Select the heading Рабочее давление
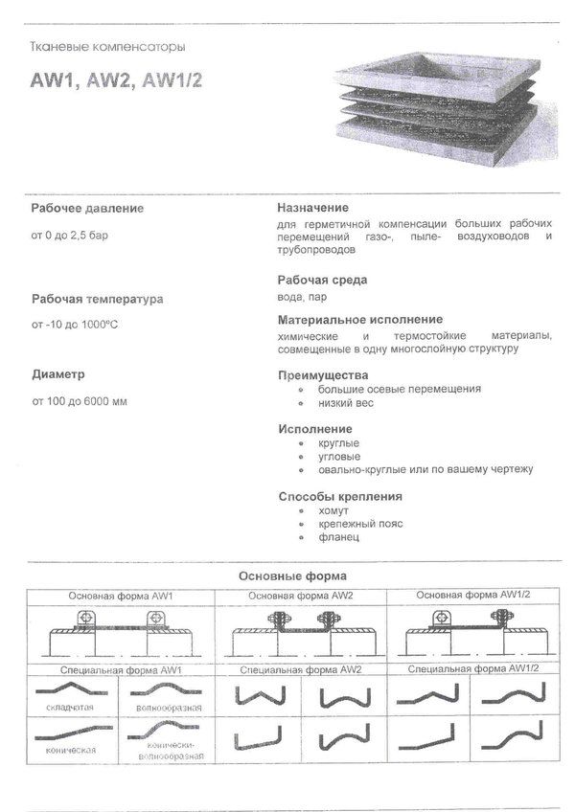pos(87,208)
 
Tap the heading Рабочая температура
pos(97,299)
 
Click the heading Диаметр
pos(58,374)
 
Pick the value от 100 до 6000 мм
pos(80,400)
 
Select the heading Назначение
pos(312,208)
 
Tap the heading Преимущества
pos(322,375)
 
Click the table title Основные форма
pos(291,575)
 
